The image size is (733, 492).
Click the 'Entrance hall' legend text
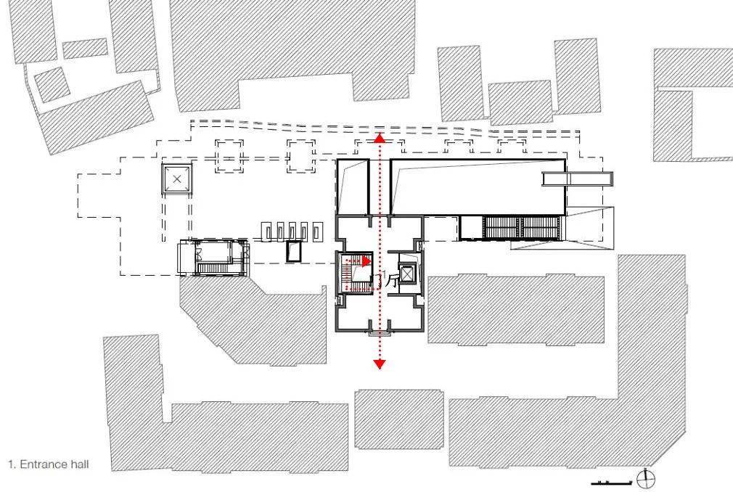pyautogui.click(x=48, y=463)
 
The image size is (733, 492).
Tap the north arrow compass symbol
pyautogui.click(x=645, y=479)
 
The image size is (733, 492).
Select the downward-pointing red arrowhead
pyautogui.click(x=379, y=363)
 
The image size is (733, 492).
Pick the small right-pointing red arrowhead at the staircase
pyautogui.click(x=367, y=261)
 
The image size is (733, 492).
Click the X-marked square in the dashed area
pyautogui.click(x=177, y=179)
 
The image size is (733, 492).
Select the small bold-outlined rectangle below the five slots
pyautogui.click(x=294, y=251)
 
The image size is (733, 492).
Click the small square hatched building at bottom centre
pyautogui.click(x=398, y=419)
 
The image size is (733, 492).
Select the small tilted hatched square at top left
pyautogui.click(x=52, y=84)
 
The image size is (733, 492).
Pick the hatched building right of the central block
pyautogui.click(x=515, y=308)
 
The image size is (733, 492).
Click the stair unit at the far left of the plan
pyautogui.click(x=212, y=259)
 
